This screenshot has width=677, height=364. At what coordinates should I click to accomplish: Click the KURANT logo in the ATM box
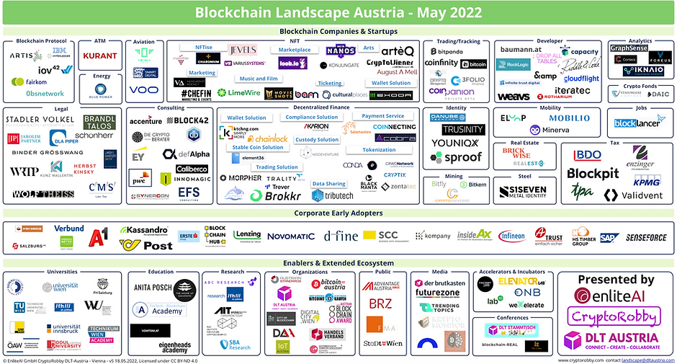[x=99, y=55]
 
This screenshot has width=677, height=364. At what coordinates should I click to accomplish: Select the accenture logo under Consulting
[x=145, y=121]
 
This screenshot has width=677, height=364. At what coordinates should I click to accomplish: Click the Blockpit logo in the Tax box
[x=593, y=173]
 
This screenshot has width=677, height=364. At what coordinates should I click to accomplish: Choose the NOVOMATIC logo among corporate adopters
[x=290, y=236]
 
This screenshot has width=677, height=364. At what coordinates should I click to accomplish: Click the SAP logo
[x=607, y=238]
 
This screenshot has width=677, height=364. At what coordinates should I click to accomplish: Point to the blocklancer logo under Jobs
[x=637, y=123]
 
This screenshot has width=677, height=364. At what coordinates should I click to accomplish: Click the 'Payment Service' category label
[x=382, y=116]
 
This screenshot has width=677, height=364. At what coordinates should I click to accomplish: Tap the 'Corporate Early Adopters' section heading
[x=338, y=213]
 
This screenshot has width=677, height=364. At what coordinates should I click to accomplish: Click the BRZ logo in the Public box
[x=381, y=304]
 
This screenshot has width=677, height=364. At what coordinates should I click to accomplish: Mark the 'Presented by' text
[x=617, y=280]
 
